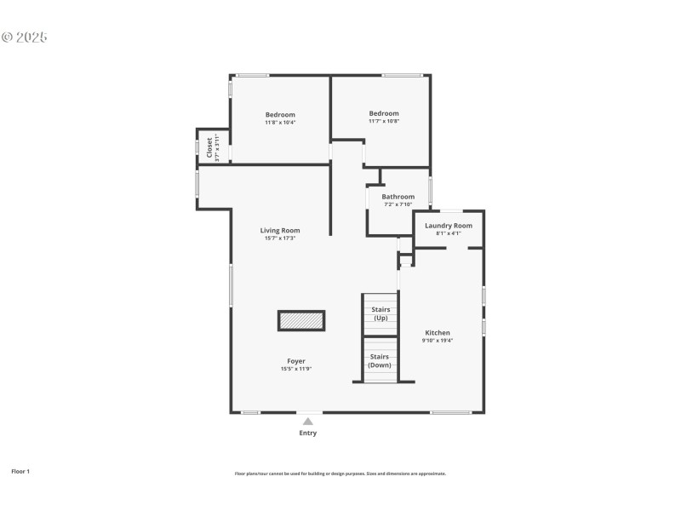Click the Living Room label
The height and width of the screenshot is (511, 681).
pos(280,230)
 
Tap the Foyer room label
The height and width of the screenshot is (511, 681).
pos(296,361)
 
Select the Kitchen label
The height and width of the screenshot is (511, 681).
pos(438,333)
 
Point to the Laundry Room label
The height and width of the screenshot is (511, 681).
pos(449,226)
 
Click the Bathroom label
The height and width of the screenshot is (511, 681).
pos(398,197)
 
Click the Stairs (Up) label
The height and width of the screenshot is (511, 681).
pos(381,313)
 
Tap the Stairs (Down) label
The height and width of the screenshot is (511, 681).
pos(380,360)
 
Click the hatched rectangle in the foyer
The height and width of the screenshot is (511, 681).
pos(301,320)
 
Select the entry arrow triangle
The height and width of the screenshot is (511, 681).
pos(308,421)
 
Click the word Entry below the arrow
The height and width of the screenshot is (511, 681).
pos(308,433)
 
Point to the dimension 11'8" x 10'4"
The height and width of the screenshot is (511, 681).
pos(280,123)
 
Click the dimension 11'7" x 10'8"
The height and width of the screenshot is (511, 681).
pos(384,121)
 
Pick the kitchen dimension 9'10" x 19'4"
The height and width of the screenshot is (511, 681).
pos(438,341)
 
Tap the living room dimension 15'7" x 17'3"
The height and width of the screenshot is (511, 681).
pos(280,238)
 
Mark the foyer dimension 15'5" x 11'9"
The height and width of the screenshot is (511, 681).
pos(296,369)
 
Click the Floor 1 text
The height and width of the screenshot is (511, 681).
pos(20,471)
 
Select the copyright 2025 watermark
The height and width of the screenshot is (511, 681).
pos(24,37)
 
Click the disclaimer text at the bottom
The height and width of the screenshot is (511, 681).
pos(340,474)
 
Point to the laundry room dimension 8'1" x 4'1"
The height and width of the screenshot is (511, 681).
pos(449,233)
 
